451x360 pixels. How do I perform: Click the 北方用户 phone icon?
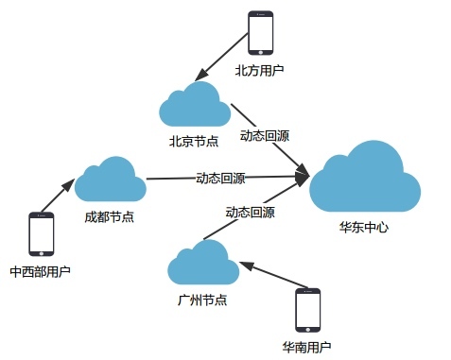coord(260,33)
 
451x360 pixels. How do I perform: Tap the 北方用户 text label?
coord(259,71)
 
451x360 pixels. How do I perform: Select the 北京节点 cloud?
coord(195,104)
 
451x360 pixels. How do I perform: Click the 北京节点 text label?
coord(194,141)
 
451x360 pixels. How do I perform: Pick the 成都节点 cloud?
coord(111,179)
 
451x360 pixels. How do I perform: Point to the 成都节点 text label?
coord(109,217)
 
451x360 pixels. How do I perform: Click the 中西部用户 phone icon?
coord(42,234)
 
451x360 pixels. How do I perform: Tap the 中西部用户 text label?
coord(40,271)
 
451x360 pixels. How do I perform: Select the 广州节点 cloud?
coord(203,262)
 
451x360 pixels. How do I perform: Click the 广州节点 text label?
coord(202,300)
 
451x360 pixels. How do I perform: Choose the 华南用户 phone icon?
coord(307,310)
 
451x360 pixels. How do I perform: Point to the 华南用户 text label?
coord(306,347)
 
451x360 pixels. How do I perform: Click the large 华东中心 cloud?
coord(365,177)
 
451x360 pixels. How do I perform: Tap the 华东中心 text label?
coord(364,227)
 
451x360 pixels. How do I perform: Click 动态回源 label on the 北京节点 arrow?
coord(265,136)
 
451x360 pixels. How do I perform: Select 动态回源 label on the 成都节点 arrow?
coord(220,179)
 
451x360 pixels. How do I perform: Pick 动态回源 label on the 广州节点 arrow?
coord(250,213)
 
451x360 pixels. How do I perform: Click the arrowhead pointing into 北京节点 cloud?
coord(201,76)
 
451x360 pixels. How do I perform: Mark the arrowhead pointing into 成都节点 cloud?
coord(68,184)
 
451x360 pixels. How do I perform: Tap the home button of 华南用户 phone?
coord(308,330)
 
